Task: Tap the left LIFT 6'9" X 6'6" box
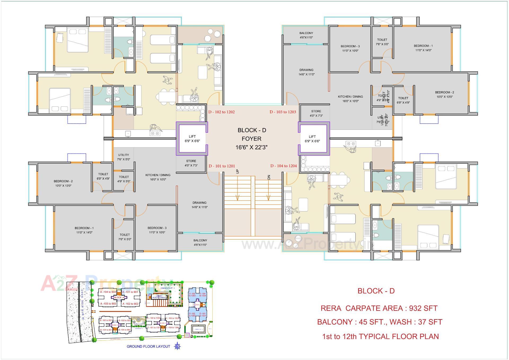[x=192, y=139]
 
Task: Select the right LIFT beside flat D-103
[x=312, y=139]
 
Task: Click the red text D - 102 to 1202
[x=221, y=112]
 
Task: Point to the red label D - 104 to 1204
[x=283, y=166]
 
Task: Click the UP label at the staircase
[x=237, y=171]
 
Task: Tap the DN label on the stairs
[x=269, y=177]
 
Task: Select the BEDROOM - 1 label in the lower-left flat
[x=84, y=230]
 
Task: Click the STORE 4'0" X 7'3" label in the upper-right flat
[x=316, y=113]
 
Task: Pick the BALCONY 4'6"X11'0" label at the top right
[x=306, y=35]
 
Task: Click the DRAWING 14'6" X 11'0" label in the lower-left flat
[x=200, y=205]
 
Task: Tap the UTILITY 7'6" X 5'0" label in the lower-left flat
[x=124, y=157]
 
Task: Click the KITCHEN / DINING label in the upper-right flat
[x=350, y=99]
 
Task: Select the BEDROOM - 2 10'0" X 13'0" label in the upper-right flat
[x=444, y=94]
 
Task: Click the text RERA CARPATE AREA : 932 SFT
[x=379, y=308]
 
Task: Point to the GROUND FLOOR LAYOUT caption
[x=148, y=346]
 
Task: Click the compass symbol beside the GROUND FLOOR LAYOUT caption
[x=178, y=346]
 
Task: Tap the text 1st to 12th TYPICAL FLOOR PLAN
[x=380, y=336]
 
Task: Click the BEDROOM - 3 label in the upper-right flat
[x=350, y=48]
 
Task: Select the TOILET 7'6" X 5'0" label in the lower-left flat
[x=125, y=237]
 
